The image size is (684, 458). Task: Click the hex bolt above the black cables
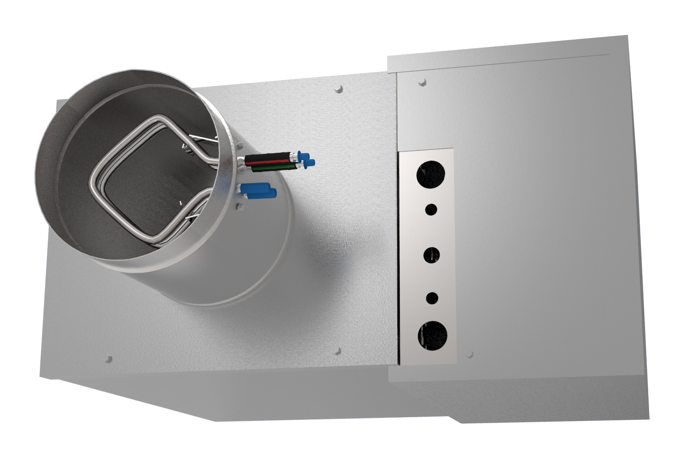pos(239,147)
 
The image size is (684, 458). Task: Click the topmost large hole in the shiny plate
pos(431,174)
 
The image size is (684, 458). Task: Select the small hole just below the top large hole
pos(431,210)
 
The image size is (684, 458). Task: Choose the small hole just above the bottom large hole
pos(432,298)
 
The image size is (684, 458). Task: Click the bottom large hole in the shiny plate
pos(432,335)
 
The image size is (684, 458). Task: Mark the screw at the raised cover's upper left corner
pos(422,82)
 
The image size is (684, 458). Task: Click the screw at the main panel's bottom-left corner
pos(109,358)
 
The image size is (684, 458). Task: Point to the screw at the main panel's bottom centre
pos(338,351)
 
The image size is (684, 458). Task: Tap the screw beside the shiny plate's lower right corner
pos(469,354)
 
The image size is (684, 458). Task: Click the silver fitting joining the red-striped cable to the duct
pos(241,160)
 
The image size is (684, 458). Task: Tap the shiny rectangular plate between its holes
pos(430,231)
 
